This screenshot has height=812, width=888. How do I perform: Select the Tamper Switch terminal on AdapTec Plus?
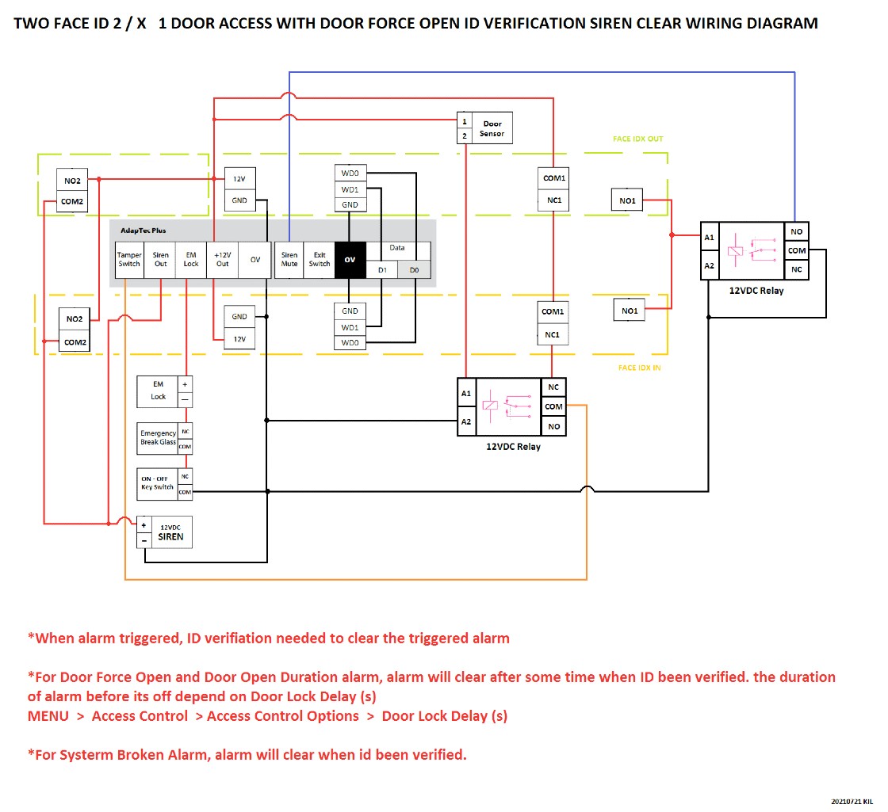point(129,259)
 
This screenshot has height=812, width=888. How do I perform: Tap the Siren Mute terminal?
point(289,259)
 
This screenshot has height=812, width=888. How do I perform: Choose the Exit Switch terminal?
point(320,259)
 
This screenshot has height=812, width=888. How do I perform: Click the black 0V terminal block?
point(350,260)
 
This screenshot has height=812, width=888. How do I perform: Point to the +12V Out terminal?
point(223,259)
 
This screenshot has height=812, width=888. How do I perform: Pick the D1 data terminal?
point(381,270)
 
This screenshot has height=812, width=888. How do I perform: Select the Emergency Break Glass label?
point(158,437)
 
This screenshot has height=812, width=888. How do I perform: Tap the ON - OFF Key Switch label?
point(157,482)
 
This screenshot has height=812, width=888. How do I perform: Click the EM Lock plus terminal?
point(185,382)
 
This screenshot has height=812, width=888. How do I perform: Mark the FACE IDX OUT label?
point(637,139)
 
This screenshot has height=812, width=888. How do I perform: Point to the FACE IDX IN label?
point(639,368)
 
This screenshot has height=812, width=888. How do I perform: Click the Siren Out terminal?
point(161,259)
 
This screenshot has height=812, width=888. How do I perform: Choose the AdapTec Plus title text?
point(143,230)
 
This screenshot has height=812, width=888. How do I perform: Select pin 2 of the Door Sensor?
point(465,136)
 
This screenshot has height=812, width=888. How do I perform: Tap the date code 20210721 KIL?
point(852,802)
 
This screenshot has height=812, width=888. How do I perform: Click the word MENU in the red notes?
point(48,716)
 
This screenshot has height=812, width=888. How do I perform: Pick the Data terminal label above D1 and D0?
point(397,248)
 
